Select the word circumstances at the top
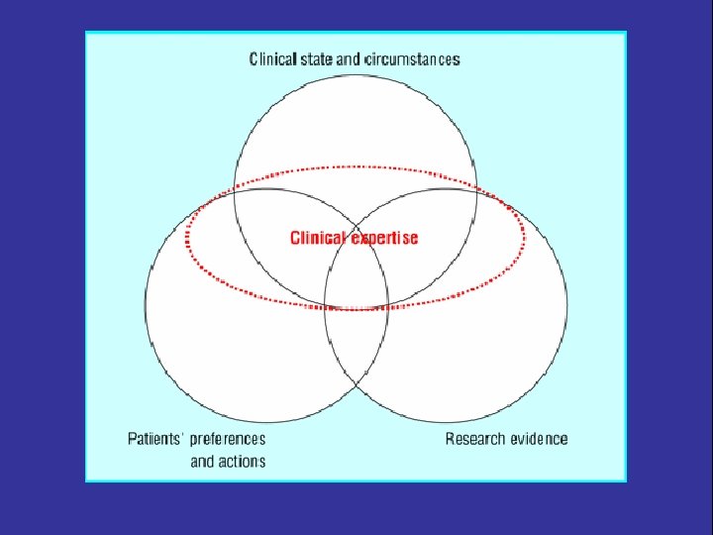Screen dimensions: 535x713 coord(413,59)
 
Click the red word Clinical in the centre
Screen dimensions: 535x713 coord(317,238)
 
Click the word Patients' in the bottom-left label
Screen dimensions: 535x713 coord(157,438)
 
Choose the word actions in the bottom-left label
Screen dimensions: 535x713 coord(243,461)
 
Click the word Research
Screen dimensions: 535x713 coord(476,438)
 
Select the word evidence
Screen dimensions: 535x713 coord(540,438)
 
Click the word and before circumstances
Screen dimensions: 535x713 coord(349,59)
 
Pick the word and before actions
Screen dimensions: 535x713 coord(202,461)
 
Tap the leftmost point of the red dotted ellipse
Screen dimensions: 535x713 coord(186,238)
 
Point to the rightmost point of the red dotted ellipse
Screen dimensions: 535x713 coord(526,238)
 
